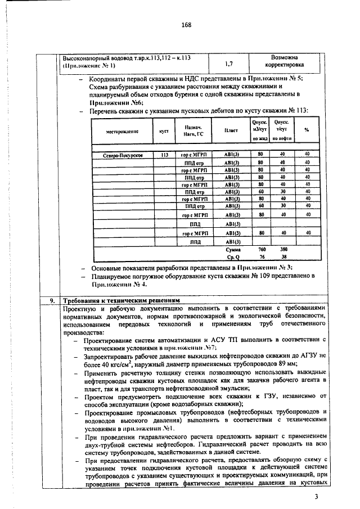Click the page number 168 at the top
pos(187,25)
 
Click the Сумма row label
pos(232,249)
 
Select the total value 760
pos(261,249)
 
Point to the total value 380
pos(283,249)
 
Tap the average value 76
pos(261,256)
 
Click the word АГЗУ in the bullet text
pos(303,356)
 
